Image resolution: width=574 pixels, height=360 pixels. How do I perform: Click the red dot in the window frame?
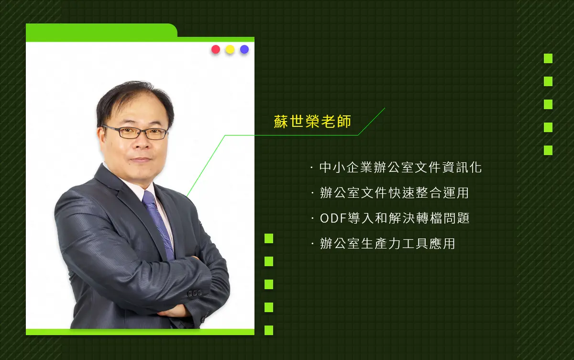216,49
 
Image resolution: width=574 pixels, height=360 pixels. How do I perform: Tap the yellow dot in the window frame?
230,49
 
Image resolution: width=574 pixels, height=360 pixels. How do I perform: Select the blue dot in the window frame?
244,49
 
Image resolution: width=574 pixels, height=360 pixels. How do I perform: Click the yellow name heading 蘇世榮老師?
312,121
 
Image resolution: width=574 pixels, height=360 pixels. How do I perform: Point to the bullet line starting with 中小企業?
396,168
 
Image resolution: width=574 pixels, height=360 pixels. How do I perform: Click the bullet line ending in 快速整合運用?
390,193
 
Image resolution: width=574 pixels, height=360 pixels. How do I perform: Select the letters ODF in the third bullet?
333,218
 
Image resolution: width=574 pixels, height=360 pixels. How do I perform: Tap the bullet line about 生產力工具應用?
383,244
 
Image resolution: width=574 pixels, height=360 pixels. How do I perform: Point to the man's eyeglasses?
134,132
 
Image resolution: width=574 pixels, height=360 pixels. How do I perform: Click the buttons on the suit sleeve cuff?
195,293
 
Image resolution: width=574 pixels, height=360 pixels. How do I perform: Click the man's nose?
141,144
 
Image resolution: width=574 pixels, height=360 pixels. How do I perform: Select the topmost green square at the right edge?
548,58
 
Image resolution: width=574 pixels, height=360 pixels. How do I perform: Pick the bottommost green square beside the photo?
269,330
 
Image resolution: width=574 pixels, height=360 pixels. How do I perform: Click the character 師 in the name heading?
344,121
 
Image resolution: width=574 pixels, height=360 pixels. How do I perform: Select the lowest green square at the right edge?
548,150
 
